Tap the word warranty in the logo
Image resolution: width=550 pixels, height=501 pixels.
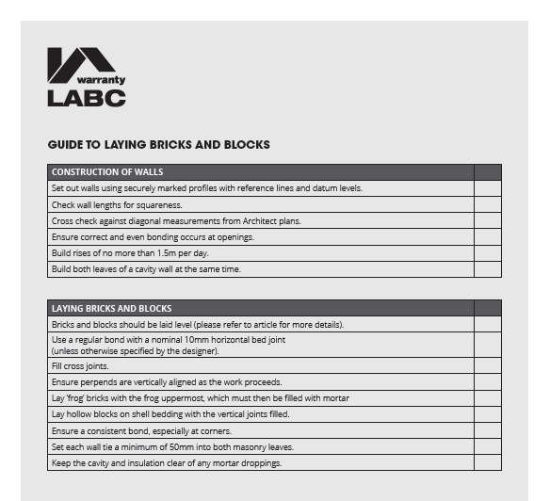[101, 80]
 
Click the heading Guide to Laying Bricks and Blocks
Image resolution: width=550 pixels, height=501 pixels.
[158, 145]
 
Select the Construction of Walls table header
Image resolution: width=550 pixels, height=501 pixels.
[107, 172]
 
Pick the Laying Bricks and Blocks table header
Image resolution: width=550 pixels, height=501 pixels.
[111, 309]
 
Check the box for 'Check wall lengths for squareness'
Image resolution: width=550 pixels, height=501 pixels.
[487, 204]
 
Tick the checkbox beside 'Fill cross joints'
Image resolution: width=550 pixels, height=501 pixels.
[487, 366]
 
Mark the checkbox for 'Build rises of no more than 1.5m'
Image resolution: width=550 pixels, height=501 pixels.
[487, 253]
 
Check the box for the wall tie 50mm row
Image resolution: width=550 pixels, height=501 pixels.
[487, 447]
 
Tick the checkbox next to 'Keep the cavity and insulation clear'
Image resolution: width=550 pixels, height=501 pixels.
[487, 463]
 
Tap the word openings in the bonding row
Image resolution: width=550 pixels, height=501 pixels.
[237, 237]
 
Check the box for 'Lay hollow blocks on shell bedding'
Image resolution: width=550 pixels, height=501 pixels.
[487, 414]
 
